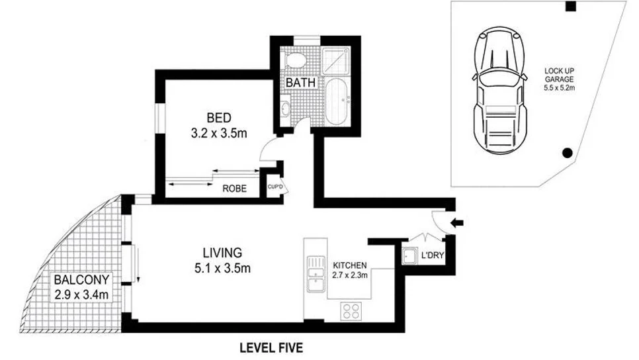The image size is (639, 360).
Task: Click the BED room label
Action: click(x=218, y=118)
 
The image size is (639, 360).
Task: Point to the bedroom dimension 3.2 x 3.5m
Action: click(x=218, y=133)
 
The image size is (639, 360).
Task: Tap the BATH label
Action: click(x=299, y=83)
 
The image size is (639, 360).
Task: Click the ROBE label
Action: click(x=235, y=189)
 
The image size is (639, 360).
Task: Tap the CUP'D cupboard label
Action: click(x=275, y=186)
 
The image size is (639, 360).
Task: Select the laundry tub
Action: click(x=409, y=255)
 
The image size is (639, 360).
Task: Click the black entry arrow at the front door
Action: click(x=457, y=224)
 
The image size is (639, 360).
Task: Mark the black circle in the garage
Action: click(x=566, y=153)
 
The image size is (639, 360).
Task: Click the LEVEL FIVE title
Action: click(x=271, y=347)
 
